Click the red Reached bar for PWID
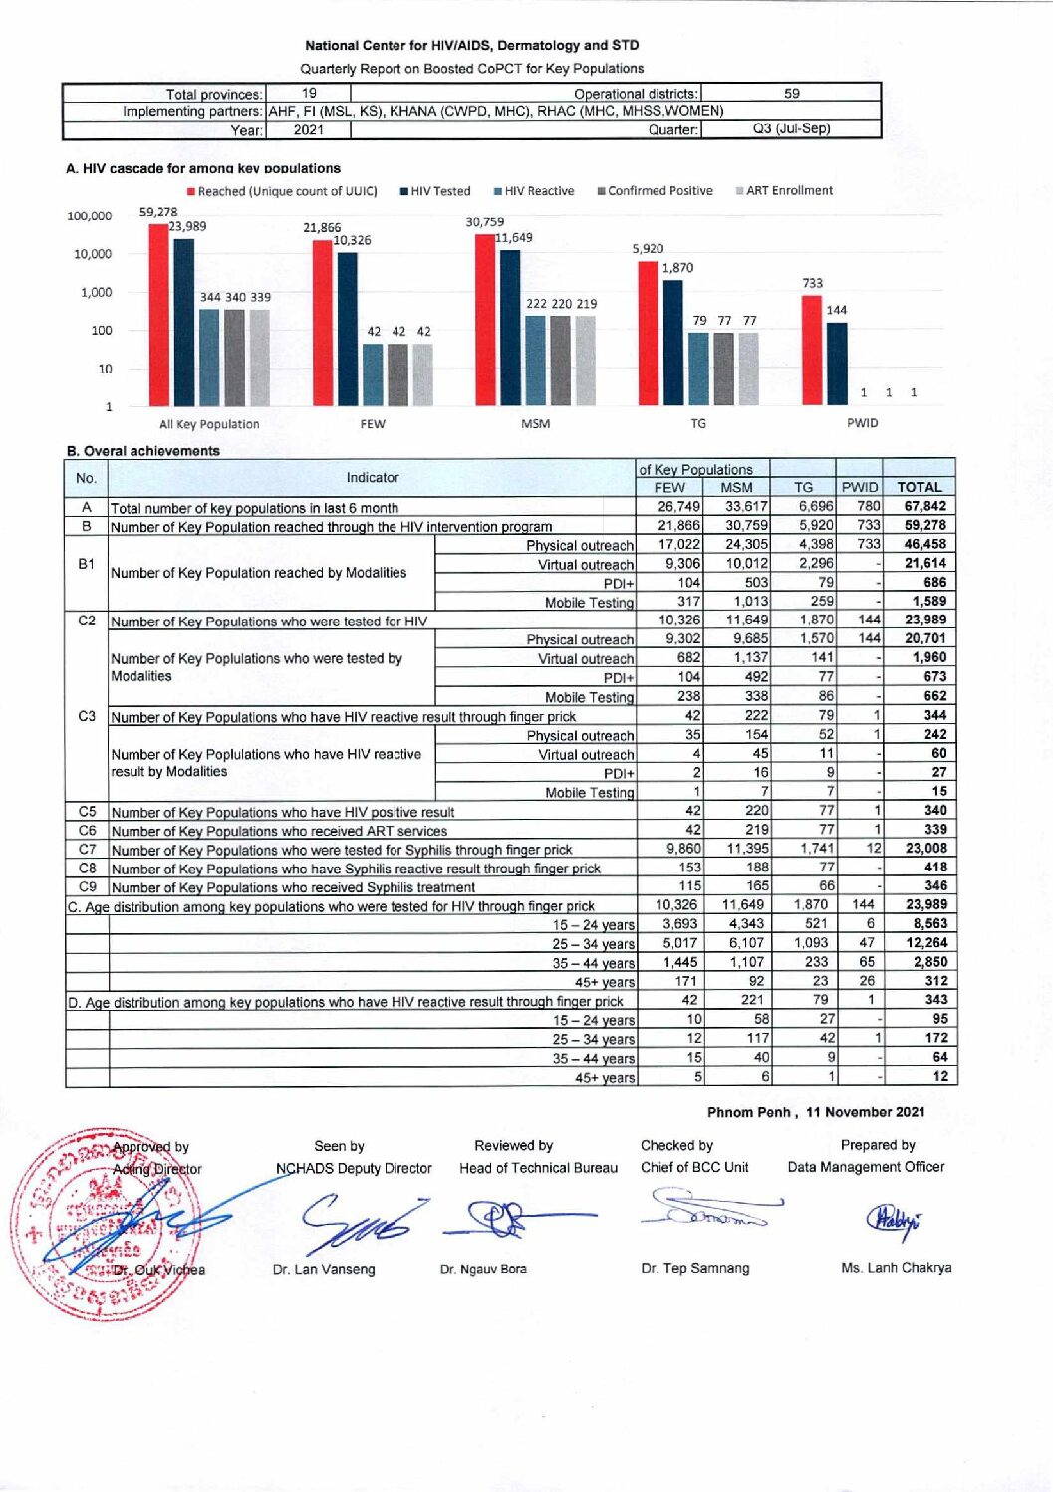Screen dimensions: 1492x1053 (x=812, y=351)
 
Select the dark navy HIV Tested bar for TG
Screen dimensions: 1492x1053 (x=673, y=343)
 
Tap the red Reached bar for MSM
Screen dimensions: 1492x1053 (x=485, y=320)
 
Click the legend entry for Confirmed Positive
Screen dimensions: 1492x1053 (x=655, y=191)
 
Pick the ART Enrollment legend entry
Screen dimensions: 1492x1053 (x=784, y=191)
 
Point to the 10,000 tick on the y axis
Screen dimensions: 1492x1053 (x=90, y=254)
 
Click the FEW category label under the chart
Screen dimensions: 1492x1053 (x=373, y=424)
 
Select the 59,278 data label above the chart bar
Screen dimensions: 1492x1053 (x=158, y=212)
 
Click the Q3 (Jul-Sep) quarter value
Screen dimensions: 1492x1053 (x=791, y=129)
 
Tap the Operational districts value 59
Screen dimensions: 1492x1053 (x=791, y=94)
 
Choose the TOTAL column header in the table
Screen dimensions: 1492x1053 (x=919, y=487)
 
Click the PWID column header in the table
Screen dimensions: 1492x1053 (x=859, y=487)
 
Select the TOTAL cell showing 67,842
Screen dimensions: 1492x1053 (x=924, y=506)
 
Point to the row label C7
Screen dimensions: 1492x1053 (x=87, y=849)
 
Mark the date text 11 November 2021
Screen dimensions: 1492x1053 (x=866, y=1112)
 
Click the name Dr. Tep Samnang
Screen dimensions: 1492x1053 (x=695, y=1268)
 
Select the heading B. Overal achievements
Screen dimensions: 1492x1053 (x=143, y=451)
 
